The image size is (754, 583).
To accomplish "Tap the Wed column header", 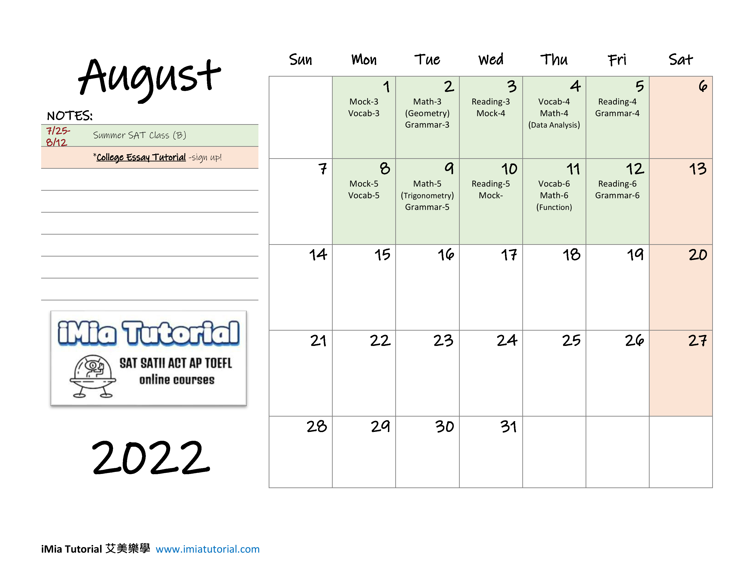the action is [x=491, y=60].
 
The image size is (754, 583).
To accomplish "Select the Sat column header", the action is [x=680, y=60].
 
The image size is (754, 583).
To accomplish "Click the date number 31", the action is [x=509, y=427].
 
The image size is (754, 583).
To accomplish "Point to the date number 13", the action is [x=698, y=169].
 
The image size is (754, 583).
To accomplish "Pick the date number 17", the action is [x=509, y=255].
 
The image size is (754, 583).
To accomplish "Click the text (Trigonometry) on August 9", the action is [x=427, y=195].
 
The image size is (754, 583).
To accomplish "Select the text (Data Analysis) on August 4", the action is [x=554, y=125].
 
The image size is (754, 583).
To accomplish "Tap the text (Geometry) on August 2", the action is [x=427, y=113].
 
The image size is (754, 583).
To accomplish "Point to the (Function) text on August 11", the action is [x=554, y=207].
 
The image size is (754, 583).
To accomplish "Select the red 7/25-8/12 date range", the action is [x=58, y=136].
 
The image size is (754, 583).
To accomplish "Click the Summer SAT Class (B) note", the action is [x=139, y=135].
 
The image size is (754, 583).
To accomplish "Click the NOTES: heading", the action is [x=70, y=116].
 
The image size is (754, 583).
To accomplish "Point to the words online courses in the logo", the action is [x=177, y=380].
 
